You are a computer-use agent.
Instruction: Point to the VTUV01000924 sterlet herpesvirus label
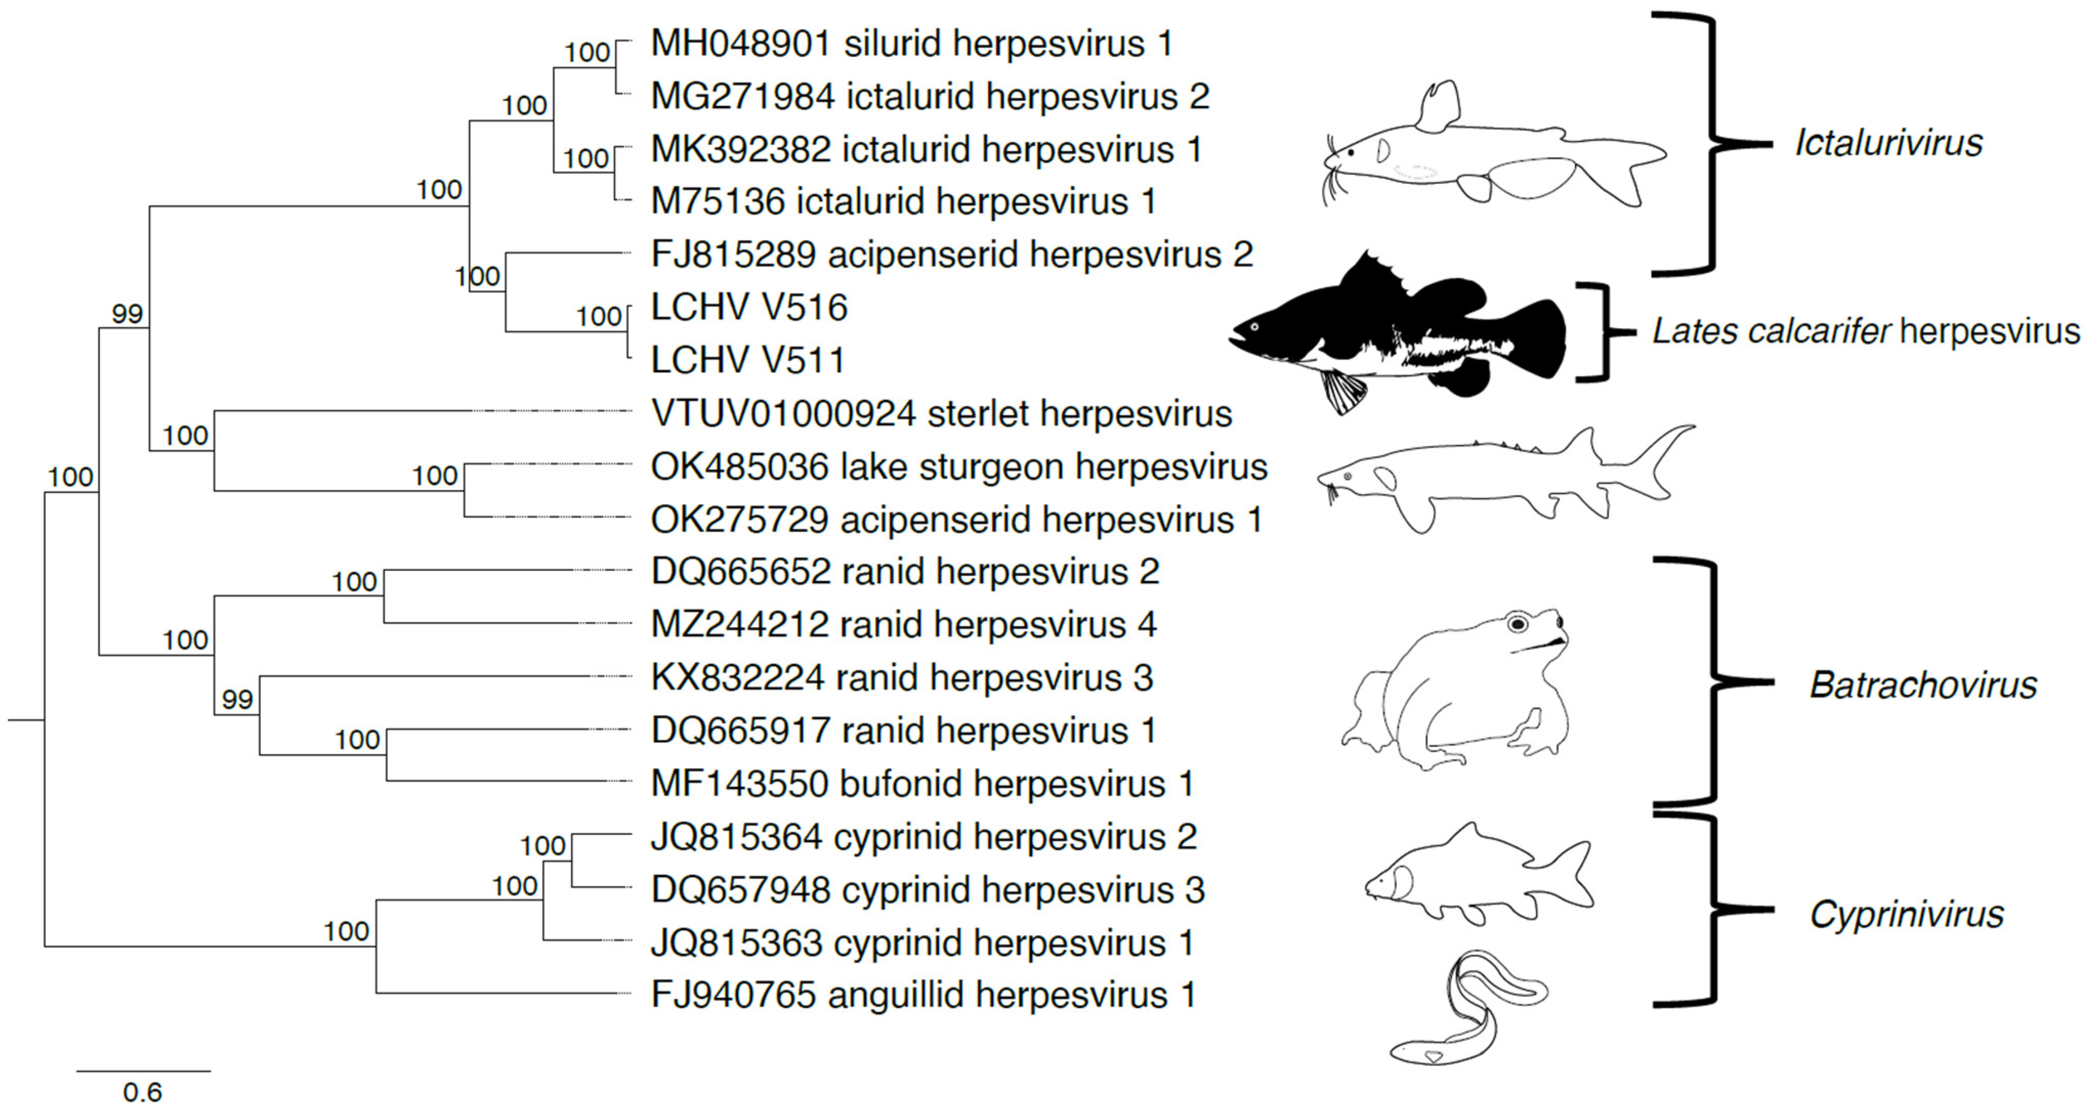point(941,414)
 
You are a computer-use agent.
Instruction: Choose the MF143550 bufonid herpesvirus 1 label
point(922,783)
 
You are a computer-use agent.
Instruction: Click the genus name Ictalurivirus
point(1889,143)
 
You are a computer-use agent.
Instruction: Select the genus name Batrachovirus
point(1923,685)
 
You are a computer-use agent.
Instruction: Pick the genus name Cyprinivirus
point(1906,915)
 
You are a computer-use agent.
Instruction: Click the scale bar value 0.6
point(143,1092)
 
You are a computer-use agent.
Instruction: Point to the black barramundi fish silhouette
point(1398,332)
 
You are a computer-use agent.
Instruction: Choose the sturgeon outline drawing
point(1500,478)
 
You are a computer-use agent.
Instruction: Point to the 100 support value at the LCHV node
point(598,316)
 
